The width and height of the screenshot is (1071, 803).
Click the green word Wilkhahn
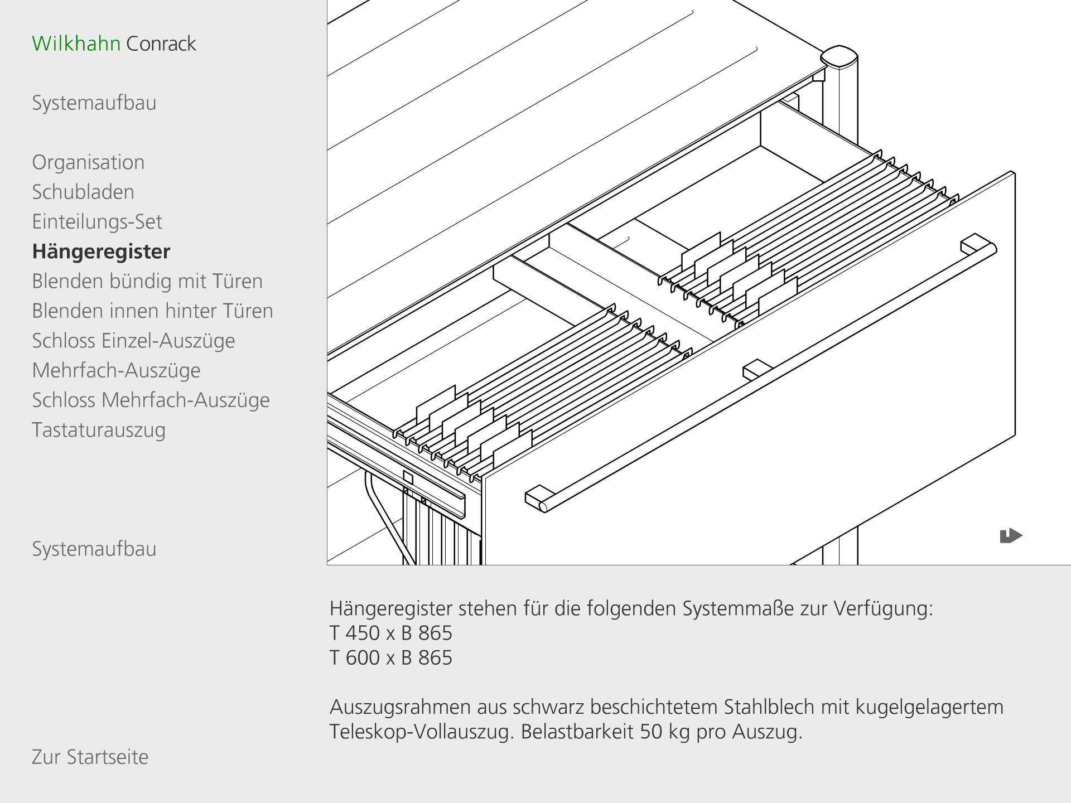76,43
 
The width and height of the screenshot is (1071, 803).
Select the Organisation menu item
88,162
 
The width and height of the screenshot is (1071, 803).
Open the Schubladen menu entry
83,192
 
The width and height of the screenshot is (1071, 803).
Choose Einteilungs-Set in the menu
97,222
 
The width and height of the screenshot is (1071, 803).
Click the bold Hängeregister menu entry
101,251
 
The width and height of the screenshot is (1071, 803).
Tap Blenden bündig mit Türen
147,281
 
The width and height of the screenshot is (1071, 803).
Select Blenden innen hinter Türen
152,311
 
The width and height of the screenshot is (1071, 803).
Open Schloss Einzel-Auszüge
133,341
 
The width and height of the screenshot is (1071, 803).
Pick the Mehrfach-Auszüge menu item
116,370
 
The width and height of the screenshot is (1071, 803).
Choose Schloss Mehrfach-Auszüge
151,400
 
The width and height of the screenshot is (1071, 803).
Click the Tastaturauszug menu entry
99,430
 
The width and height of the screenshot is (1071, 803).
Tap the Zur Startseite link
90,757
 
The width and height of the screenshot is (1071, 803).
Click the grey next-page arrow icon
1010,536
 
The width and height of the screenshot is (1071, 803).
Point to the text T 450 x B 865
390,633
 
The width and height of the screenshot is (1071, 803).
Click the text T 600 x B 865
390,657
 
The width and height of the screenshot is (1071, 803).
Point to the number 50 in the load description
651,731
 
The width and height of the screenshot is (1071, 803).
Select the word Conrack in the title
161,43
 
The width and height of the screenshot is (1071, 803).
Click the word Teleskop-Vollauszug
422,731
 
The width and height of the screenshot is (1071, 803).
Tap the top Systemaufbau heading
94,103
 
